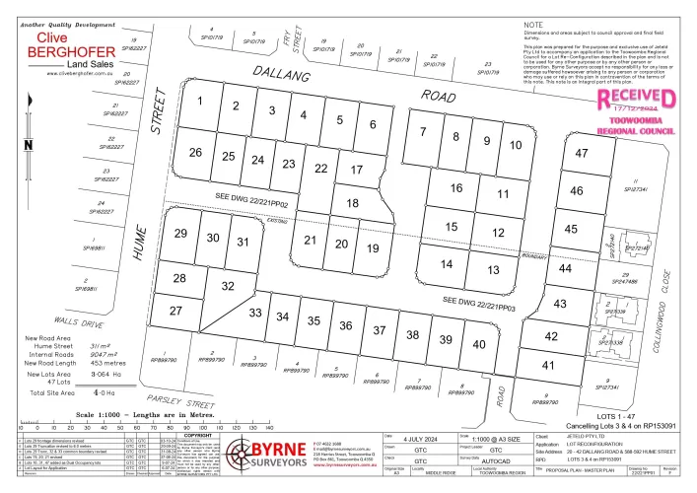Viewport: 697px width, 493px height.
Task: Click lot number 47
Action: coord(581,153)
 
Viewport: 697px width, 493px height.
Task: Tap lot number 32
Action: coord(227,286)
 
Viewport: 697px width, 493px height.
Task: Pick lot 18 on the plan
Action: coord(353,202)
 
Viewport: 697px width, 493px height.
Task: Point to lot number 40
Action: coord(479,344)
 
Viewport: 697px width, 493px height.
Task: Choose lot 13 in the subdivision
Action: coord(479,269)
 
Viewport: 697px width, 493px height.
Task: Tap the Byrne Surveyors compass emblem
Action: coord(245,457)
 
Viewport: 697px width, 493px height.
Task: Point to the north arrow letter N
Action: coord(29,146)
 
